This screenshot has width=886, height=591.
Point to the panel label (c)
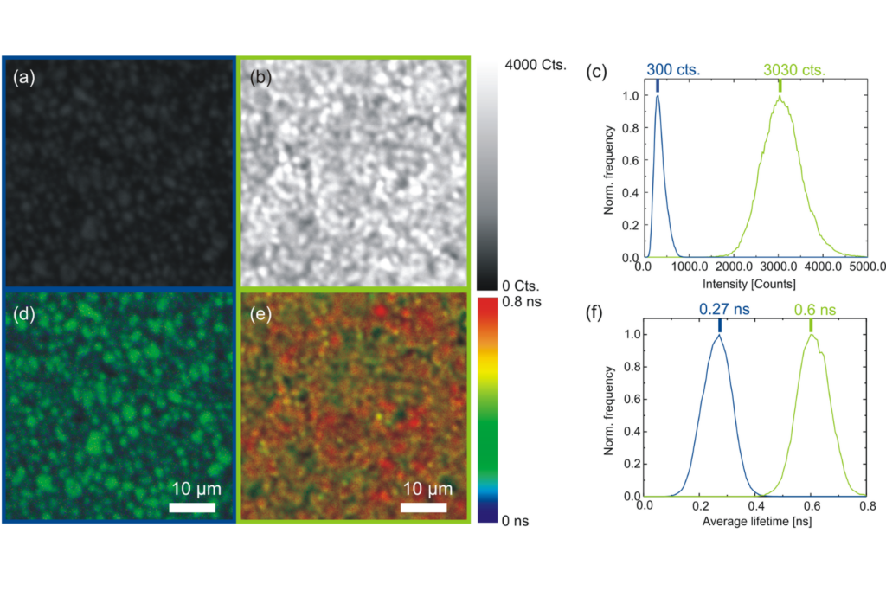pos(595,71)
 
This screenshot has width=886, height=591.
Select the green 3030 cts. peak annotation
pos(793,70)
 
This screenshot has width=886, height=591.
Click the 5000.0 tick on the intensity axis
pos(866,269)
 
